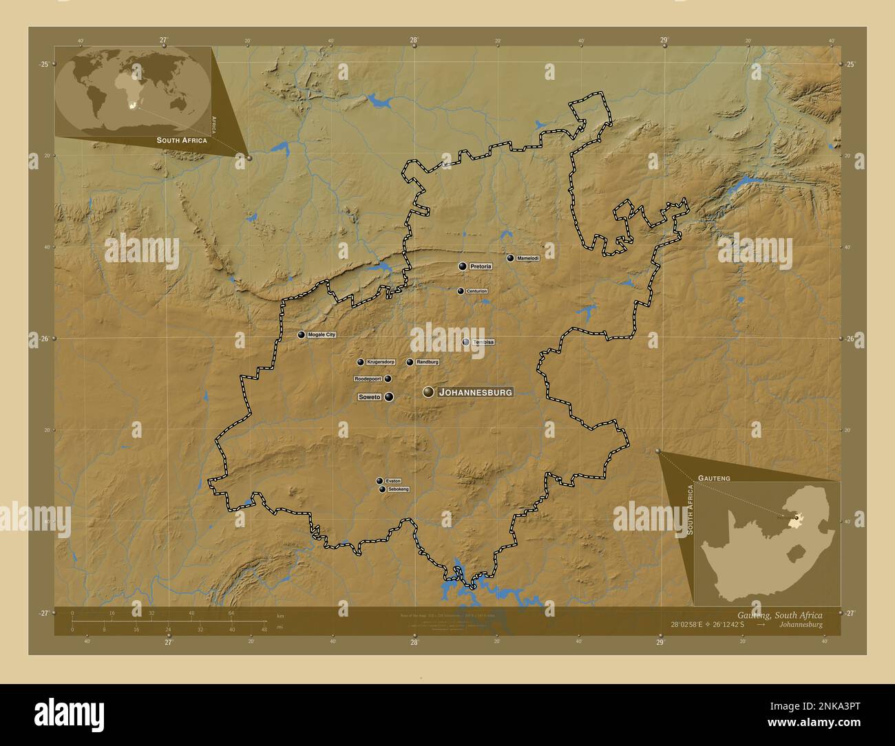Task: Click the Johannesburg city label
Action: coord(476,392)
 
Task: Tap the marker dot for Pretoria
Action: coord(463,266)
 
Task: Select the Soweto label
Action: coord(370,397)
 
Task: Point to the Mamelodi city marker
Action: coord(510,258)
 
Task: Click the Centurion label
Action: coord(476,291)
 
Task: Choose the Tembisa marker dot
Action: coord(466,342)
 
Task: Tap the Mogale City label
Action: coord(322,334)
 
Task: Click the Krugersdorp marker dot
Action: coord(360,362)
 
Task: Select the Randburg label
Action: coord(427,362)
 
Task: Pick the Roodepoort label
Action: coord(368,379)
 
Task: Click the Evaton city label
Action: coord(393,481)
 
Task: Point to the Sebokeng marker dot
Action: coord(382,489)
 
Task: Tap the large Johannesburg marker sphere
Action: coord(429,392)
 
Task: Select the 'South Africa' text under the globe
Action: coord(182,140)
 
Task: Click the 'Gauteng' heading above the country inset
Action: coord(714,477)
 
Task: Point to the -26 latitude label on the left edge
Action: coord(43,339)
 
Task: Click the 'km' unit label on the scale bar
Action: coord(280,615)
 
